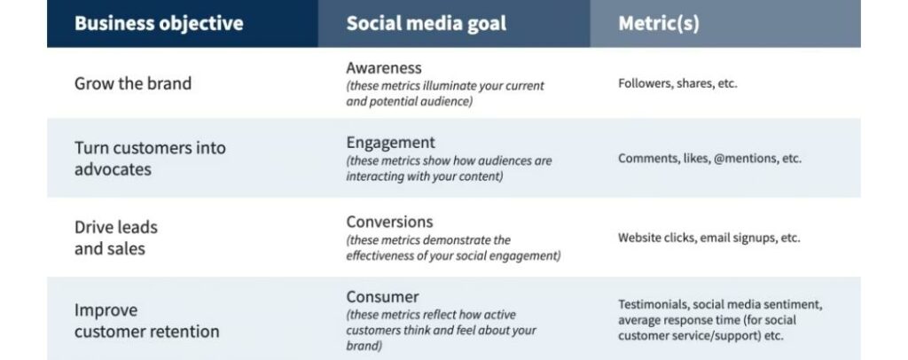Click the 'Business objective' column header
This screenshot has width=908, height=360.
coord(159,23)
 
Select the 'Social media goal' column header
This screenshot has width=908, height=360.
coord(427,23)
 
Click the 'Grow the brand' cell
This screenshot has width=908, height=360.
coord(133,83)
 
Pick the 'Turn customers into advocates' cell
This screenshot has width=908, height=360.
coord(150,157)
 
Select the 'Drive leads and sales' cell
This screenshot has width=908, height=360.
coord(116,238)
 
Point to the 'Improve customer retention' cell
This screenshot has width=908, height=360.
coord(146,321)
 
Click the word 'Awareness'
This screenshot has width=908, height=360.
coord(384,68)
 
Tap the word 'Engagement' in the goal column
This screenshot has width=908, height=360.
coord(390,143)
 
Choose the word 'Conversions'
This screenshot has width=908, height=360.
coord(389,222)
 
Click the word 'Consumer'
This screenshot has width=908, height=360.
coord(382,296)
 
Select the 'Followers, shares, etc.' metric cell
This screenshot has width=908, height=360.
coord(677,83)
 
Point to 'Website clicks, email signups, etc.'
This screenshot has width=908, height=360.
coord(708,238)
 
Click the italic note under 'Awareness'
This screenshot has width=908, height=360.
coord(445,93)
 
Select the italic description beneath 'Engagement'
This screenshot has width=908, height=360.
coord(449,168)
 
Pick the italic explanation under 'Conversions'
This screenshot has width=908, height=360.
coord(453,248)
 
